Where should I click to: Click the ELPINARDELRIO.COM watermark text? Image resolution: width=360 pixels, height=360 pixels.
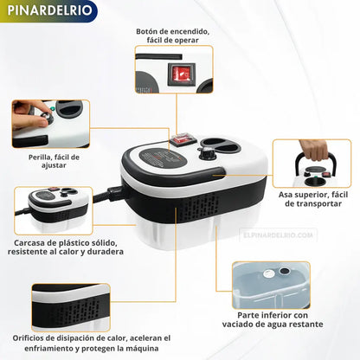(x=280, y=234)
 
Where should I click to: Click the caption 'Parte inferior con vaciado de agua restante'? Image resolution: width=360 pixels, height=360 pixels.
(x=286, y=321)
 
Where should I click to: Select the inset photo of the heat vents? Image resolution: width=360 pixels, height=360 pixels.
(x=70, y=305)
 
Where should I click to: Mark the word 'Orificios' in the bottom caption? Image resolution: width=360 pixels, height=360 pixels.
(x=32, y=337)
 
